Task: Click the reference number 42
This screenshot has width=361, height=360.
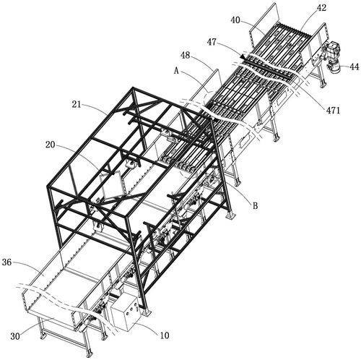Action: pos(321,8)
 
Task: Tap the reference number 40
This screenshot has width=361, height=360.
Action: pos(235,20)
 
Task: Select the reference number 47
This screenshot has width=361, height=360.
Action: pos(212,43)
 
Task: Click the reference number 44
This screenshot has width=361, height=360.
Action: pos(354,67)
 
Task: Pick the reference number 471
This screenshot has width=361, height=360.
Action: pos(333,111)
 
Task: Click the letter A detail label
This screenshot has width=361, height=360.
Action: pos(176,71)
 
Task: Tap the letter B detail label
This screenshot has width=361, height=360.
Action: pos(255,206)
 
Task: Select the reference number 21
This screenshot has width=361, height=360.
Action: pos(77,105)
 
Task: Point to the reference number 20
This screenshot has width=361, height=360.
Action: pos(51,145)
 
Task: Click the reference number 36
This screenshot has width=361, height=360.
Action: pos(6,262)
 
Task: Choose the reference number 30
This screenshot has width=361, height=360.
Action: pos(15,336)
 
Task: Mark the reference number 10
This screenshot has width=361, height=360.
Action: pos(165,335)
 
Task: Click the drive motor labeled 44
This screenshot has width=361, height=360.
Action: pos(334,56)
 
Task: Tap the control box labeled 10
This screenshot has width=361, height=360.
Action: pos(126,313)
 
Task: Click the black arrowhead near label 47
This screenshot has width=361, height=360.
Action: pos(243,56)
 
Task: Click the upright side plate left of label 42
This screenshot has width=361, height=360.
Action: pos(264,23)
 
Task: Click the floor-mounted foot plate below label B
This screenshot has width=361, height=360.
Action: pos(230,215)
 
